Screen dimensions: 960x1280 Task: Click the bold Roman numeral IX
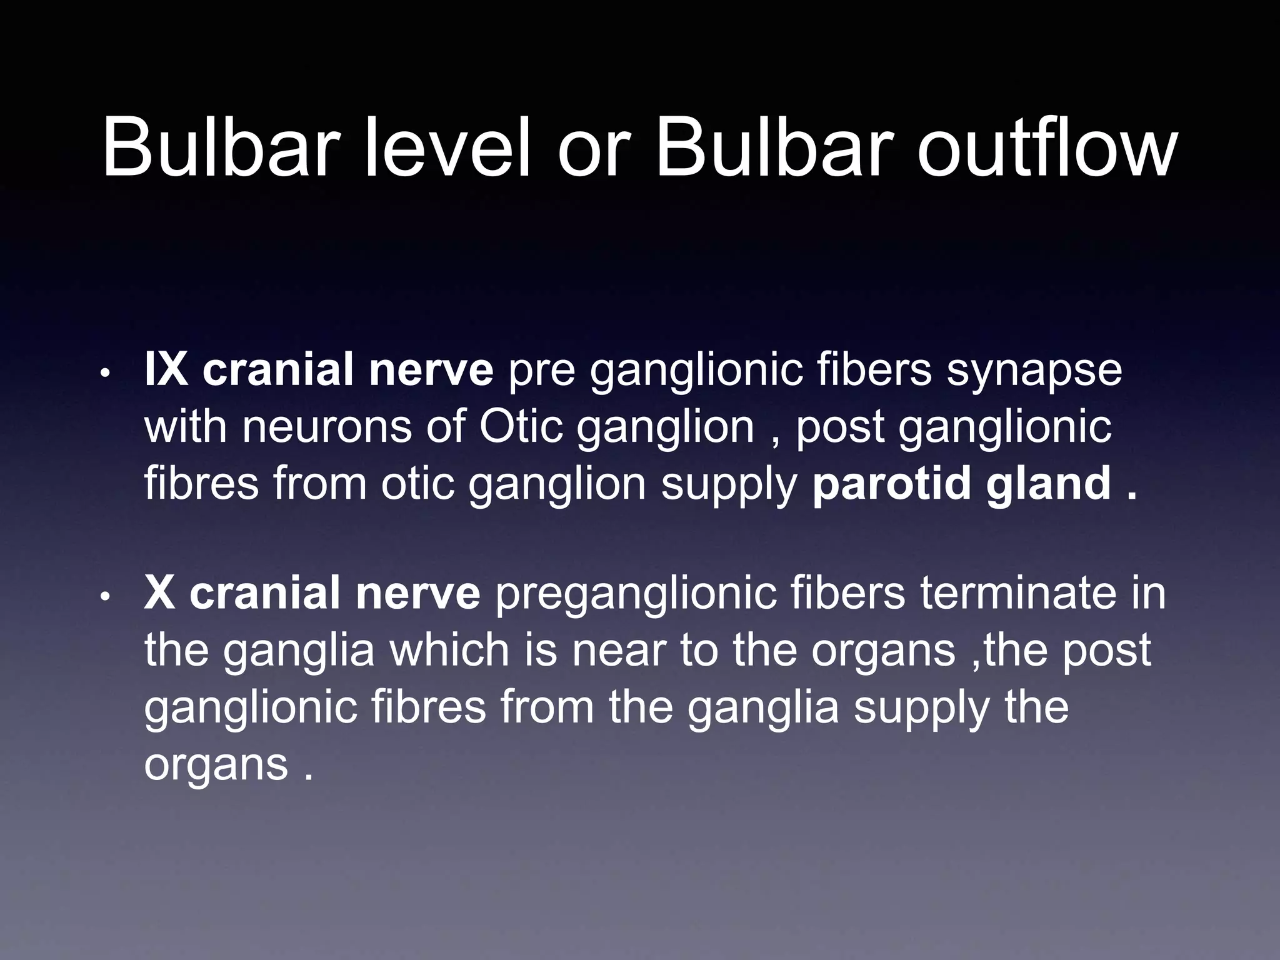tap(166, 370)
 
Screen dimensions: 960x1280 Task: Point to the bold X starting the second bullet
tap(159, 593)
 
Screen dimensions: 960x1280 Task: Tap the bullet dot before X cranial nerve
tap(106, 598)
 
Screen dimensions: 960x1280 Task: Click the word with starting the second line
tap(185, 427)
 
